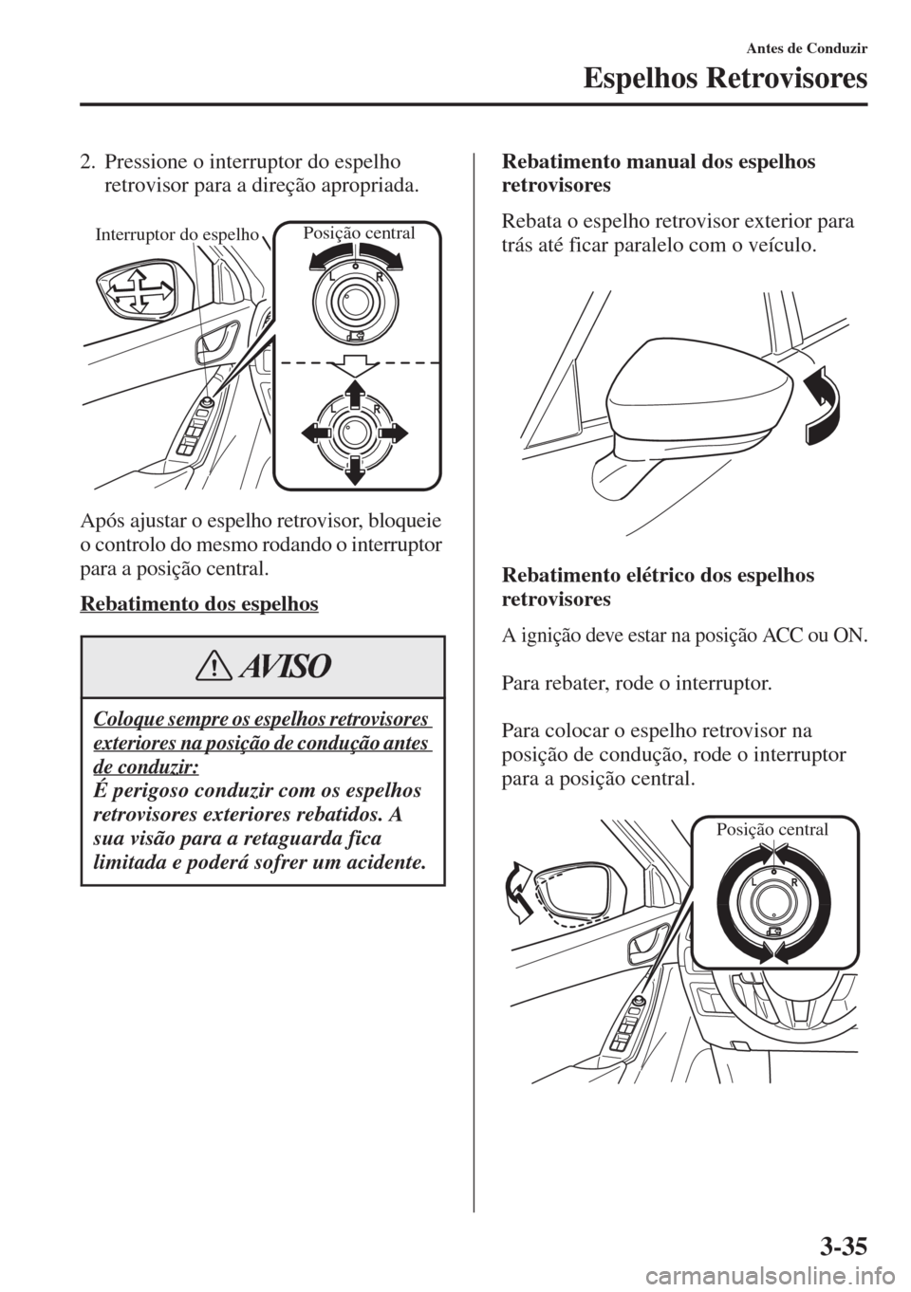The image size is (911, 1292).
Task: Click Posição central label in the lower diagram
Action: [x=772, y=830]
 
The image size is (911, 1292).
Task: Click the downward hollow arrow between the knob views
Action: [x=354, y=366]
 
